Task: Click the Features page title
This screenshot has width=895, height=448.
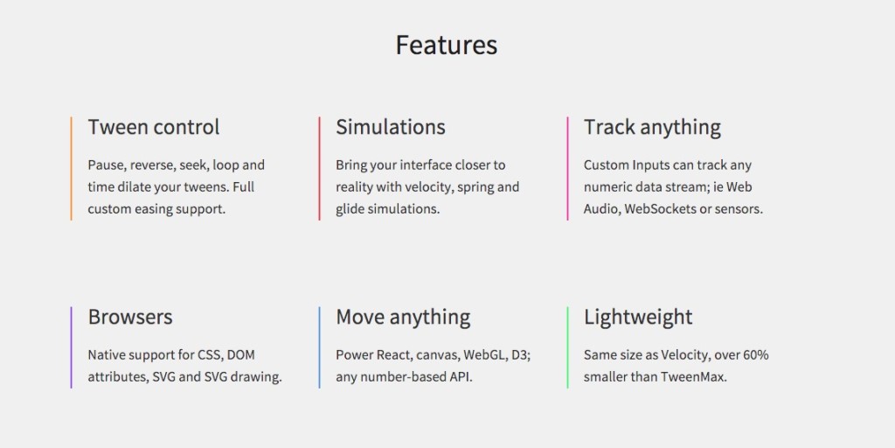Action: click(447, 45)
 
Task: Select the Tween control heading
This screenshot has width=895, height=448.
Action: click(154, 127)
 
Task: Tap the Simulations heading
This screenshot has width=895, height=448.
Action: click(391, 127)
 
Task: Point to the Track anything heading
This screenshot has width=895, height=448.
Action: click(652, 127)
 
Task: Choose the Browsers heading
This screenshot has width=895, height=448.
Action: click(130, 317)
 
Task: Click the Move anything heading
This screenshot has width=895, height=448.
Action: click(403, 317)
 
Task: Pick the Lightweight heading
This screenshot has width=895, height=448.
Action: click(638, 317)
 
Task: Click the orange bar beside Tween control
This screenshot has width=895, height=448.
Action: click(71, 168)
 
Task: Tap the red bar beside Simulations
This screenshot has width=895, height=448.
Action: click(319, 168)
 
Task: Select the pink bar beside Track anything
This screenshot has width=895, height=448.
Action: click(567, 168)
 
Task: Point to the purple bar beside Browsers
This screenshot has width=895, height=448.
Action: click(71, 346)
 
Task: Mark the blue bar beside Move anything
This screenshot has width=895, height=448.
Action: click(319, 346)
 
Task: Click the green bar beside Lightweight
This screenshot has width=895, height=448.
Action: click(567, 346)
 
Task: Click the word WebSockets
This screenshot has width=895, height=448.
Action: click(660, 209)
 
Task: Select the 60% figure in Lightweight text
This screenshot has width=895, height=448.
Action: click(755, 355)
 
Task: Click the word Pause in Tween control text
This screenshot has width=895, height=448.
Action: click(106, 164)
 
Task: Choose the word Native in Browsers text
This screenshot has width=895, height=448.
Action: click(108, 355)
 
